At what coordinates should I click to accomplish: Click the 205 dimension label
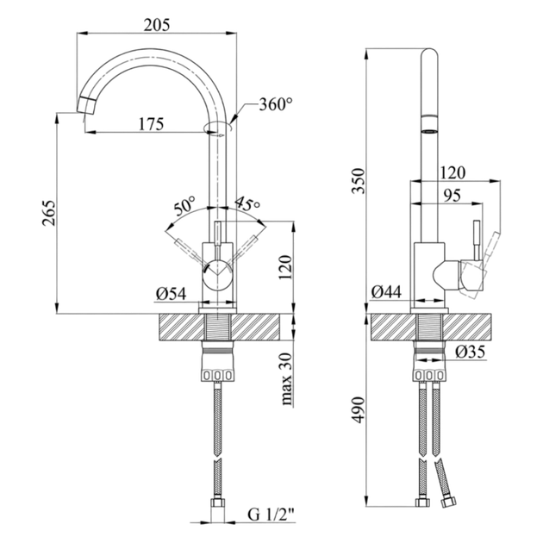tap(157, 25)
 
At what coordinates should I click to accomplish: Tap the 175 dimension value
tap(151, 124)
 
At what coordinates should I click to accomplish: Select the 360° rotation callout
tap(276, 104)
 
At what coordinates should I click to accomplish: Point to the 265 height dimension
tap(49, 213)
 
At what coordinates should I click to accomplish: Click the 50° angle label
tap(184, 206)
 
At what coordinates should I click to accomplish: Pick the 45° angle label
tap(247, 204)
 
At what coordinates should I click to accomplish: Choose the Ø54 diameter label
tap(171, 294)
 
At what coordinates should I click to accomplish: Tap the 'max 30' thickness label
tap(286, 379)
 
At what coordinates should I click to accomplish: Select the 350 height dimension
tap(359, 181)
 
